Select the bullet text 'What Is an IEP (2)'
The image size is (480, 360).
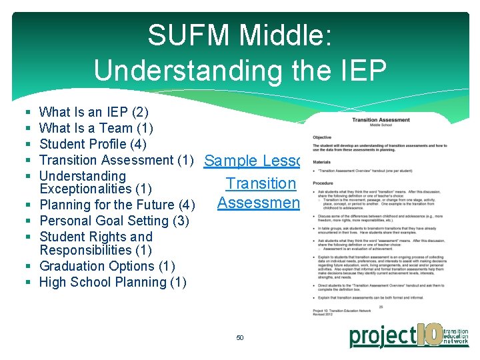point(94,112)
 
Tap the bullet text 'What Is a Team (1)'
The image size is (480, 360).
point(97,128)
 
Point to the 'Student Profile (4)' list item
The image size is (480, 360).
point(93,144)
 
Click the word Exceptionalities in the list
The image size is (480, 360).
point(86,189)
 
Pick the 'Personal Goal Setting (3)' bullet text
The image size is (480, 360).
point(114,221)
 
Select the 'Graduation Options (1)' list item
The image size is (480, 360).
point(107,266)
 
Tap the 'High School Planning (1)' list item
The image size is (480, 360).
point(113,282)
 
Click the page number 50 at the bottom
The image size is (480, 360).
point(240,338)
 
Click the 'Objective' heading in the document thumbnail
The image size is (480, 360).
point(322,137)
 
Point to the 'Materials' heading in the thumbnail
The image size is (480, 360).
point(321,162)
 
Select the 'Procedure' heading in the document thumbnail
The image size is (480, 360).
point(323,183)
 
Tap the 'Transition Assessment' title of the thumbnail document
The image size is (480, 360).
point(381,121)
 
